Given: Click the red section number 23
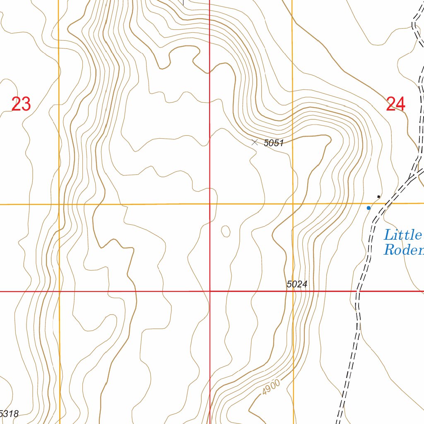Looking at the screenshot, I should pyautogui.click(x=21, y=104).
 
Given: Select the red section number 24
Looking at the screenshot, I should pyautogui.click(x=395, y=104).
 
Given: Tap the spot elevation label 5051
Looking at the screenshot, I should pyautogui.click(x=273, y=143).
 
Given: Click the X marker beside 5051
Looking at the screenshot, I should pyautogui.click(x=255, y=142).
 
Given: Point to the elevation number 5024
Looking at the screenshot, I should pyautogui.click(x=297, y=284).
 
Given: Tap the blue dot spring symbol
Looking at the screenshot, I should pyautogui.click(x=369, y=208).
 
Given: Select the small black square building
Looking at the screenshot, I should pyautogui.click(x=378, y=196).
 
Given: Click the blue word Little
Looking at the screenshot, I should pyautogui.click(x=402, y=235).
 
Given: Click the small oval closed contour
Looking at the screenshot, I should pyautogui.click(x=226, y=231).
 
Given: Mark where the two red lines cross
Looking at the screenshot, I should pyautogui.click(x=210, y=291).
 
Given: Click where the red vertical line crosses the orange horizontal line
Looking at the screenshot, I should pyautogui.click(x=210, y=204).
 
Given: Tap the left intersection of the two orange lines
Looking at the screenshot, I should pyautogui.click(x=59, y=204).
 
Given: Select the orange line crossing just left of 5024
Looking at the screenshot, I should pyautogui.click(x=293, y=291).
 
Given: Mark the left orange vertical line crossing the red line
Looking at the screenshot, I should pyautogui.click(x=59, y=291).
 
